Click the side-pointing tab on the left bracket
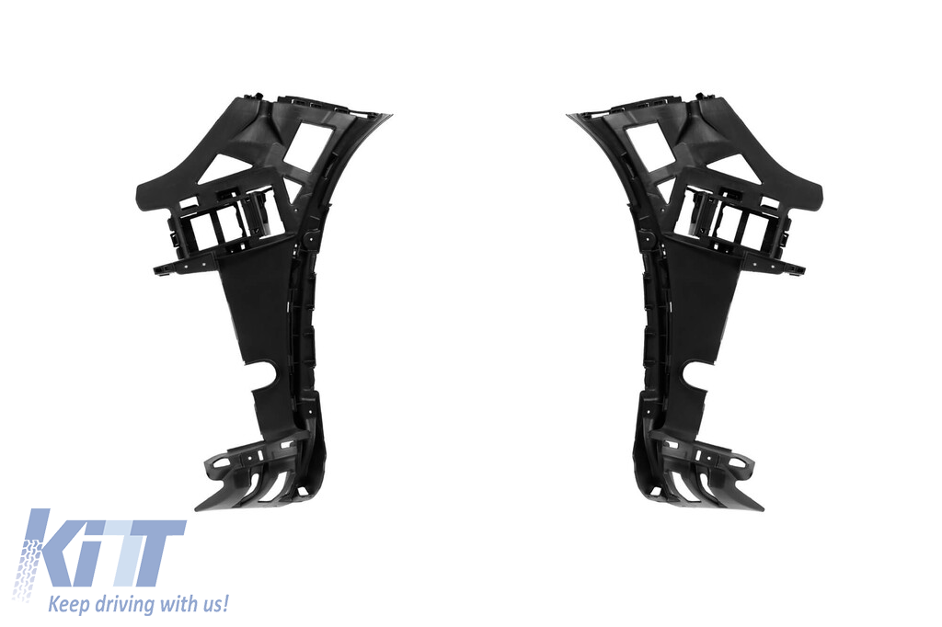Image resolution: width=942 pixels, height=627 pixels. [166, 267]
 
